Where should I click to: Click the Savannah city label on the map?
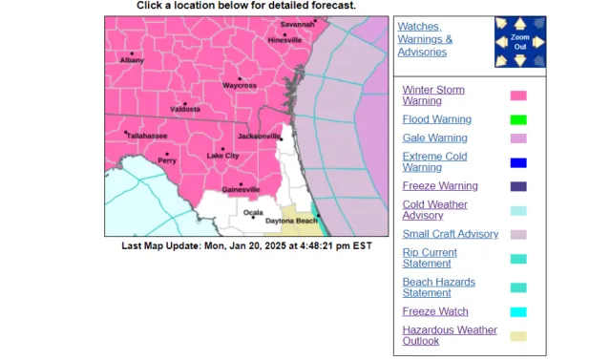tap(297, 24)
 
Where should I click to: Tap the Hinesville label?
tap(284, 41)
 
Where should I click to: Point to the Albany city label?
tap(132, 60)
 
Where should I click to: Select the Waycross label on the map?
tap(240, 86)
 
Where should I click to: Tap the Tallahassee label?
tap(147, 136)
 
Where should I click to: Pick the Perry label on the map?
tap(167, 160)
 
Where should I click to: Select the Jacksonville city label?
tap(260, 137)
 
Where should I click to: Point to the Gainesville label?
tap(241, 190)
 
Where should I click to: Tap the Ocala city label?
tap(253, 213)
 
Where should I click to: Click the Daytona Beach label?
tap(291, 222)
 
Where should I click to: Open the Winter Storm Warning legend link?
tap(433, 95)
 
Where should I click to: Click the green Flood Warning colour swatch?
tap(518, 119)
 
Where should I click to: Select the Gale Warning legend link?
tap(434, 138)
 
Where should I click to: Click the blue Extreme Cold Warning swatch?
tap(518, 161)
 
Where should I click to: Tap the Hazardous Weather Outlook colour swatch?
tap(518, 335)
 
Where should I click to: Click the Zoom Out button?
tap(519, 41)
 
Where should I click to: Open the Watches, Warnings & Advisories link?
tap(425, 39)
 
